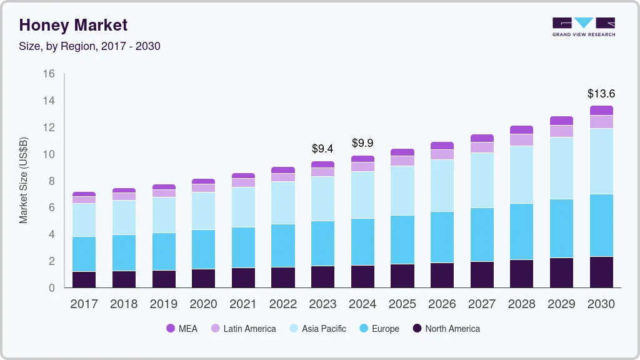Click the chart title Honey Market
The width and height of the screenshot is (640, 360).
click(73, 25)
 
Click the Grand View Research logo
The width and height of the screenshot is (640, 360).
click(584, 26)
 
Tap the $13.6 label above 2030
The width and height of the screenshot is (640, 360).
click(601, 94)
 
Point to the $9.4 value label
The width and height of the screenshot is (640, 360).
click(322, 149)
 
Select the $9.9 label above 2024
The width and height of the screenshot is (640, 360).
click(362, 143)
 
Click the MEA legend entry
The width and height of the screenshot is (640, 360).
click(181, 328)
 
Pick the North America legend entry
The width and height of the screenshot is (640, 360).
click(446, 328)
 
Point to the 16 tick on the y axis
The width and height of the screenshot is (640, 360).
click(49, 74)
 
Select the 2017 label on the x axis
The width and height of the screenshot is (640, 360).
click(84, 304)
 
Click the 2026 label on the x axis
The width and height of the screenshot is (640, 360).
click(442, 304)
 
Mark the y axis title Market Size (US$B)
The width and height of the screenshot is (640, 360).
click(24, 180)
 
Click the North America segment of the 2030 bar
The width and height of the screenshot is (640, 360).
click(601, 272)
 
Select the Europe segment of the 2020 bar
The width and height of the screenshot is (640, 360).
click(203, 249)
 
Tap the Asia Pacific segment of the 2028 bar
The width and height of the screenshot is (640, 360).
click(522, 174)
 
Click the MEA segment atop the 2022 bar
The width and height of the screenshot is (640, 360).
click(282, 170)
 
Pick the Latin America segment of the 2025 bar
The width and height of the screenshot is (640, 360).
click(402, 161)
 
